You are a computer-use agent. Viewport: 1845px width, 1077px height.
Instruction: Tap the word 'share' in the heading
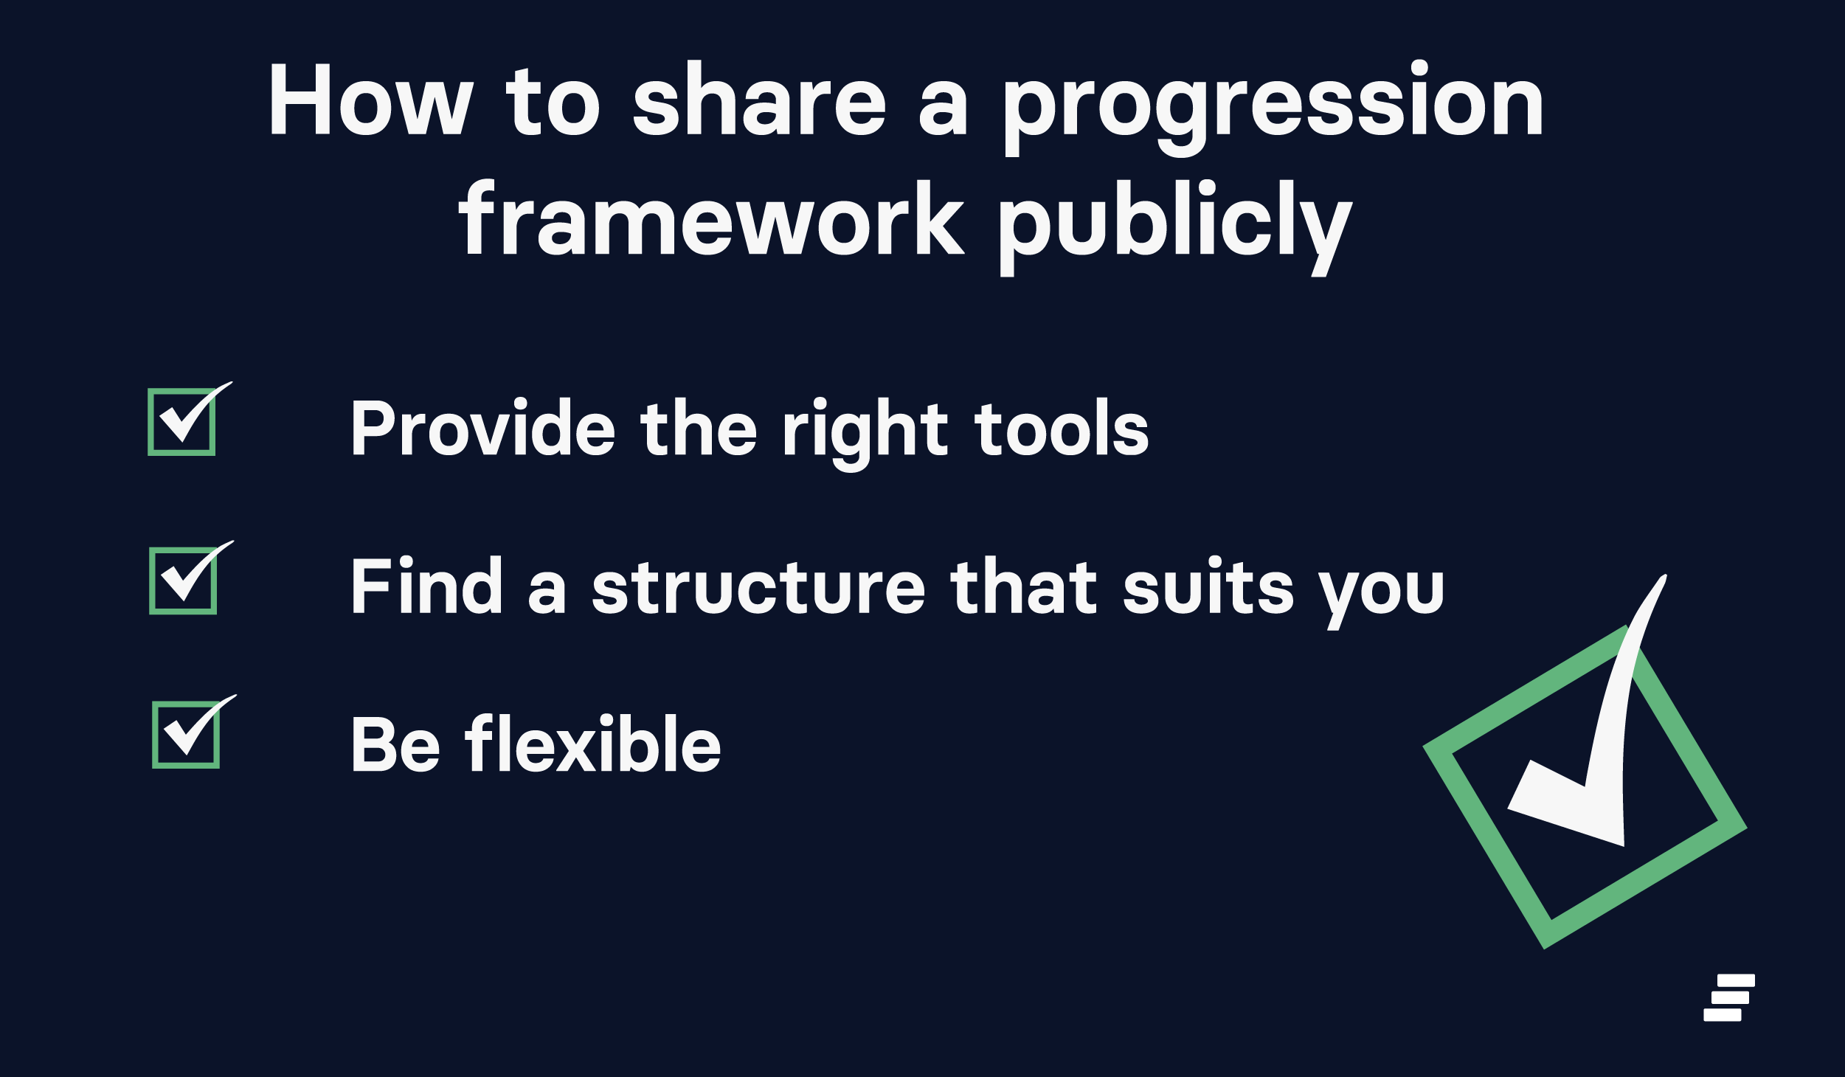click(759, 99)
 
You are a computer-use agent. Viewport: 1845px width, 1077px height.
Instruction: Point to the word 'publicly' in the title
click(1176, 227)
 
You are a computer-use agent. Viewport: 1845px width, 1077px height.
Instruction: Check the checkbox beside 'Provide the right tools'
click(181, 422)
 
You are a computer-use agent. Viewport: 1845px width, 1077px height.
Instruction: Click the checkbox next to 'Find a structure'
click(183, 581)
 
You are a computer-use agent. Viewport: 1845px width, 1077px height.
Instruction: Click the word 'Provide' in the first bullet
click(483, 427)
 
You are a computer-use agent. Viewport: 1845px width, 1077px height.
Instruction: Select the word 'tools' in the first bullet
click(1062, 428)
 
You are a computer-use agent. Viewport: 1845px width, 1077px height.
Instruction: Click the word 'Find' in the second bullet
click(427, 585)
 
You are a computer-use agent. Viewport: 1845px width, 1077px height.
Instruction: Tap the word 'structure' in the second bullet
click(758, 588)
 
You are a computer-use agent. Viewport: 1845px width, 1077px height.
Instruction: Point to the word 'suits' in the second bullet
click(1208, 586)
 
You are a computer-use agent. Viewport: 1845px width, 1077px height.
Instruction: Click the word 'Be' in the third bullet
click(396, 744)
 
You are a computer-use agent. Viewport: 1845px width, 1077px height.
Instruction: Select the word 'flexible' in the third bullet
click(593, 744)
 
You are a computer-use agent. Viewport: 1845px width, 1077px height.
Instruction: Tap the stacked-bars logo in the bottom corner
click(1729, 998)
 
